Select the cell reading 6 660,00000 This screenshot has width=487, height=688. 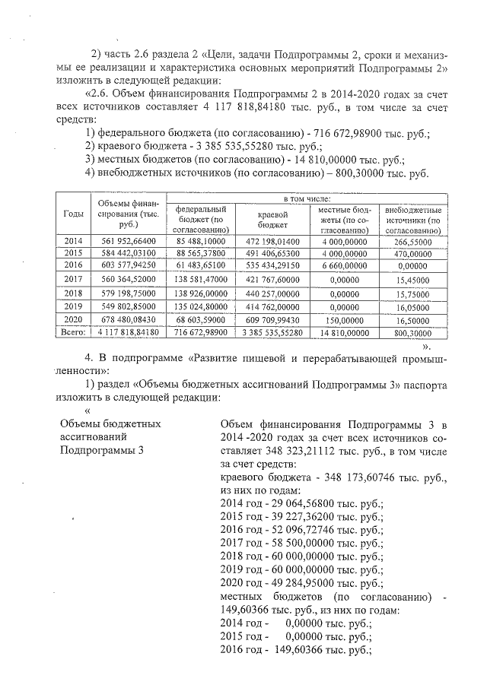(343, 265)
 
